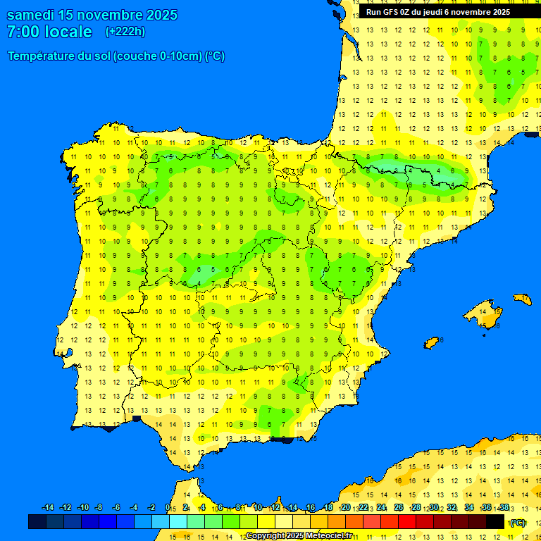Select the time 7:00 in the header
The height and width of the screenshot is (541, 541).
click(23, 32)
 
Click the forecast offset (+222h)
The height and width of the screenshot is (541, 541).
click(125, 32)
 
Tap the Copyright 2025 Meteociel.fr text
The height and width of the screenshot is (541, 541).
click(299, 535)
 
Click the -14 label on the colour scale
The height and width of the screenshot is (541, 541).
click(48, 508)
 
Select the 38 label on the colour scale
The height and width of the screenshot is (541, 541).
click(504, 508)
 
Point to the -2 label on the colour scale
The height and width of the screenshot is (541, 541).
click(151, 508)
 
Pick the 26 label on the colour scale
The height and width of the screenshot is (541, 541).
click(399, 508)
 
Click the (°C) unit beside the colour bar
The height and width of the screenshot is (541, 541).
click(518, 522)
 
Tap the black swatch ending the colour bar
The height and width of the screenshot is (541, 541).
click(495, 522)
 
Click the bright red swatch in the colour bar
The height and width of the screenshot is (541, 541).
click(407, 522)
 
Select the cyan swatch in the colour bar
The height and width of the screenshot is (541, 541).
click(178, 522)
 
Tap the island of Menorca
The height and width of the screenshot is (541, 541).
click(523, 299)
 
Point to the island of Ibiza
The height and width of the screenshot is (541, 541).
click(432, 343)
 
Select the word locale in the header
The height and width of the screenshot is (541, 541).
click(69, 32)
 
